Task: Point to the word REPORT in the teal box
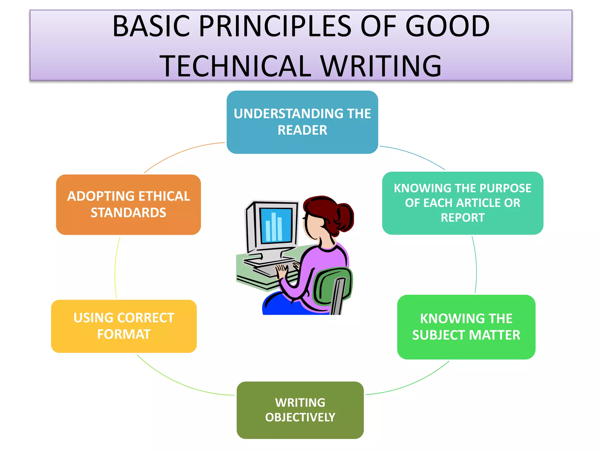tap(462, 218)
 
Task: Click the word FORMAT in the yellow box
tap(124, 334)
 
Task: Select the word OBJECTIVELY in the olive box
tap(300, 418)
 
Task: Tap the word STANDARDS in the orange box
tap(128, 213)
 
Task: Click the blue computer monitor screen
tap(276, 225)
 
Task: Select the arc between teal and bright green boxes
tap(476, 264)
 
